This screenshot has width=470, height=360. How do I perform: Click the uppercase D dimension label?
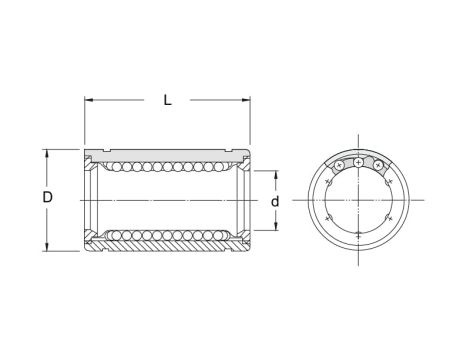47,198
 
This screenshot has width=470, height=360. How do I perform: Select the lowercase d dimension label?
275,201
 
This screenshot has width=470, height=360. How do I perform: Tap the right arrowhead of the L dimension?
243,100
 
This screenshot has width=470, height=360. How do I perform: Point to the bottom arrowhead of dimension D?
47,247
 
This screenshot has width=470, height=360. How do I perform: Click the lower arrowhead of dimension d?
275,228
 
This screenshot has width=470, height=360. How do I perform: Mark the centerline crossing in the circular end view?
359,201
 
